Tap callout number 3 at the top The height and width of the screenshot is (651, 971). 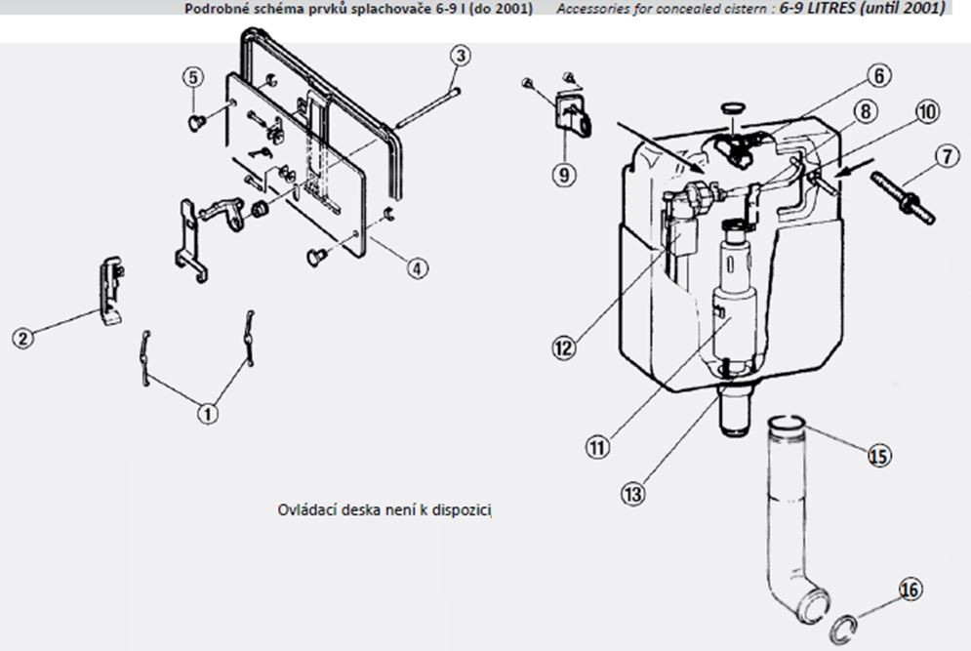click(x=461, y=56)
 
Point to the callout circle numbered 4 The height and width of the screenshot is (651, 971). click(x=418, y=265)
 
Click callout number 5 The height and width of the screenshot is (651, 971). click(x=194, y=76)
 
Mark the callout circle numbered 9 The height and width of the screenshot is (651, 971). click(x=563, y=174)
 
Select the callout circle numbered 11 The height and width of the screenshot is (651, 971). click(x=597, y=447)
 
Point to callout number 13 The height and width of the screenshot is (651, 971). click(x=633, y=494)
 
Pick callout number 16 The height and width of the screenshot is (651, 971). click(x=910, y=590)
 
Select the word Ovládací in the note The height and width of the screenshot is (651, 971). click(x=304, y=509)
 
